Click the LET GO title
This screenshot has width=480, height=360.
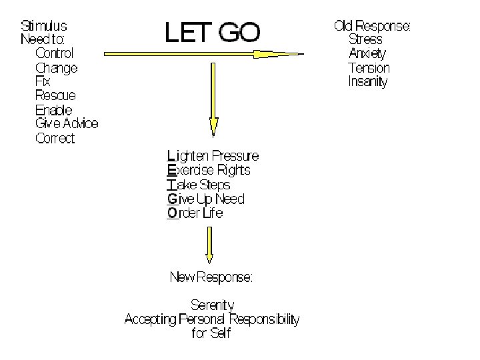tap(213, 32)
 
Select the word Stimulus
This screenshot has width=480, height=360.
tap(44, 26)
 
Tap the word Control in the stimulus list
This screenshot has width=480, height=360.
tap(54, 53)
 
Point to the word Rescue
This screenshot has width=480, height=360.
tap(55, 95)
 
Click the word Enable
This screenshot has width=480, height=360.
tap(53, 110)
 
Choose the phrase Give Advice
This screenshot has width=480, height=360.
tap(66, 123)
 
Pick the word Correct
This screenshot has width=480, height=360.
tap(55, 139)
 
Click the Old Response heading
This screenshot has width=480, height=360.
tap(372, 26)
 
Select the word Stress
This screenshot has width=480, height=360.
tap(367, 39)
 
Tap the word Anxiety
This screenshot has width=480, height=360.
tap(367, 53)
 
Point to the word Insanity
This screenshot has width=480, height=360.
tap(367, 82)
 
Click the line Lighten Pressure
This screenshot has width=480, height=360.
tap(213, 156)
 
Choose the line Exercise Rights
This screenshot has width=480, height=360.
tap(209, 170)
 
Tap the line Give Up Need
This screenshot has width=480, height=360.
tap(206, 199)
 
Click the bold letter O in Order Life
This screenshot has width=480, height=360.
tap(173, 213)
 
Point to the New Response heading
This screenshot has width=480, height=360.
tap(211, 277)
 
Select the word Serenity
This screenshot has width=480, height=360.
tap(212, 305)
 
